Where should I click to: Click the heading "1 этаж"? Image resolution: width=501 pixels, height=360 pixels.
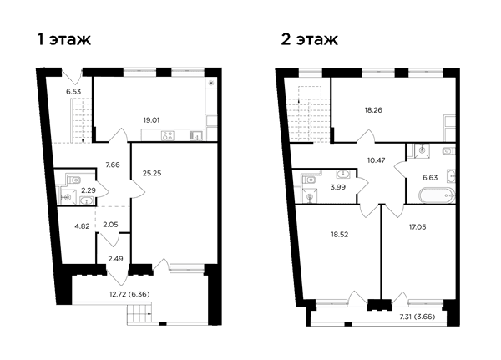click(64, 40)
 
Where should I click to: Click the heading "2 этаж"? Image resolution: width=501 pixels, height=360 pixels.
click(309, 40)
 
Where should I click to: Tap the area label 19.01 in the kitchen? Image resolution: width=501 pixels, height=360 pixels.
click(151, 120)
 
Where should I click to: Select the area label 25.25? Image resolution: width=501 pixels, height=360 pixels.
click(152, 173)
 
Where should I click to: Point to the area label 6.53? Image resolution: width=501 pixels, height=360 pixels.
click(73, 91)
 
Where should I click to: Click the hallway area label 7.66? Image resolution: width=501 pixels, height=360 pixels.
click(113, 165)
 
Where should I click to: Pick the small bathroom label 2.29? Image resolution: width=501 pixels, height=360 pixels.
click(89, 190)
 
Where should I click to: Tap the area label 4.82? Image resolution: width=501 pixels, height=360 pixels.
click(82, 226)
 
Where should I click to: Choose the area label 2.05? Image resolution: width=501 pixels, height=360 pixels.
click(110, 225)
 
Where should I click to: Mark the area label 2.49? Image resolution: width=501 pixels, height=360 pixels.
click(115, 259)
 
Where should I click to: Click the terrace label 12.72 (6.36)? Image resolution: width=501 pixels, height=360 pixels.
click(129, 294)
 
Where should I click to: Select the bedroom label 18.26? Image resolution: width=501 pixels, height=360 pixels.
click(373, 110)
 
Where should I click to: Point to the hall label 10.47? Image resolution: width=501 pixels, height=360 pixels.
click(376, 160)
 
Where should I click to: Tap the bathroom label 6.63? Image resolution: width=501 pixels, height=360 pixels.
click(430, 177)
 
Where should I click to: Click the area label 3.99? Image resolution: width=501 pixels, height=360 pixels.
click(338, 187)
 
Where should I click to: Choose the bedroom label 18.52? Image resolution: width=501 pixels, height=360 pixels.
click(339, 235)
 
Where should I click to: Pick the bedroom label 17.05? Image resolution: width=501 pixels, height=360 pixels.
click(417, 227)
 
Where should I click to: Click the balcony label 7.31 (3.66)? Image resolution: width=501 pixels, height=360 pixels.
click(417, 317)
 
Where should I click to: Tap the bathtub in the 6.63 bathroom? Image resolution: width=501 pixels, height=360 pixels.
click(436, 195)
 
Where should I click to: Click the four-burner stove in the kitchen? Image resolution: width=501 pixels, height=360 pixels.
click(168, 135)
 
